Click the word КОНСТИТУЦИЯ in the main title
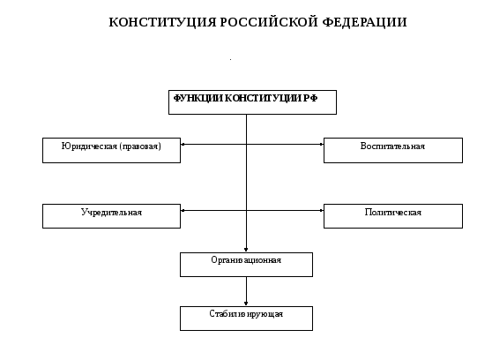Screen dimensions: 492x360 coord(162,23)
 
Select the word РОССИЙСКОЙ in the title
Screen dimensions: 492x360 coord(269,22)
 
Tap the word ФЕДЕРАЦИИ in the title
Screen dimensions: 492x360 coord(365,23)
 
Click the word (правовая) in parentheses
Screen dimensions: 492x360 coord(140,146)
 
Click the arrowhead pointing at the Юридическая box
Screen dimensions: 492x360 coord(183,144)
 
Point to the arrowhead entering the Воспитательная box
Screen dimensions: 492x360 coord(321,144)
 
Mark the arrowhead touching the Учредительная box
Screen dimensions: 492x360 coord(183,211)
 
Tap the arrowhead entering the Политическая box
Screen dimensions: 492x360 coord(321,211)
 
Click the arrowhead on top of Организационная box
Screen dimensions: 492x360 coord(246,250)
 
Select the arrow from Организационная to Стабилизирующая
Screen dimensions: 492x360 coord(246,291)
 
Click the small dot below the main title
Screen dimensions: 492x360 coord(231,59)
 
